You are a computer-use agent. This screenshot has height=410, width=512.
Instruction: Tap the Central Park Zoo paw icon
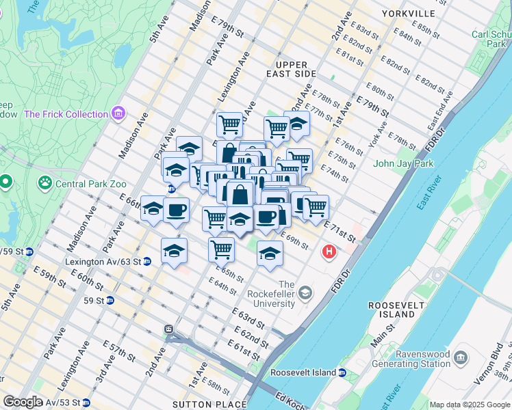point(46,182)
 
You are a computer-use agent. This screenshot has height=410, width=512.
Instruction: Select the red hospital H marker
point(329,252)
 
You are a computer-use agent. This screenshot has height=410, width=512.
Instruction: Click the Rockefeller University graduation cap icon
point(305,293)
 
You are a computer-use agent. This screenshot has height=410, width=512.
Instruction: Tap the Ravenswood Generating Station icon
point(461,357)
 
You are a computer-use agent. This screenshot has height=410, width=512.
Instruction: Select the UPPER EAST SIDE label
point(291,69)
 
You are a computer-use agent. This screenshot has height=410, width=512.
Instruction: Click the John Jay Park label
point(404,163)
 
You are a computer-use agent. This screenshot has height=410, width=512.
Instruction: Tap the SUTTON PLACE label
point(209,404)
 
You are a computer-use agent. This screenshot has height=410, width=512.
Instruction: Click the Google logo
point(23,402)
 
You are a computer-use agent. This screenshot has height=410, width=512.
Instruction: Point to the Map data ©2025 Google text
point(470,405)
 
